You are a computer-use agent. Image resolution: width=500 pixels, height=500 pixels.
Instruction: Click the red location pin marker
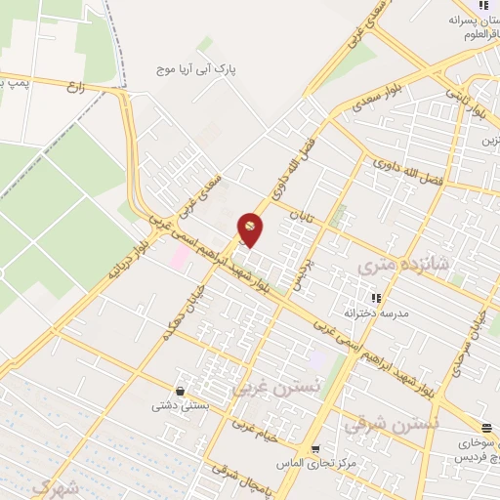point(251,229)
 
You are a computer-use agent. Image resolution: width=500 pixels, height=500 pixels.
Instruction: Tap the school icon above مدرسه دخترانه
point(374,297)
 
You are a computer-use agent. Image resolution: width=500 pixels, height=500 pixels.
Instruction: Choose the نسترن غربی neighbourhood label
point(264,388)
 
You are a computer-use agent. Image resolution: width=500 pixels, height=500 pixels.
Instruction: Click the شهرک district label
point(54,485)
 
